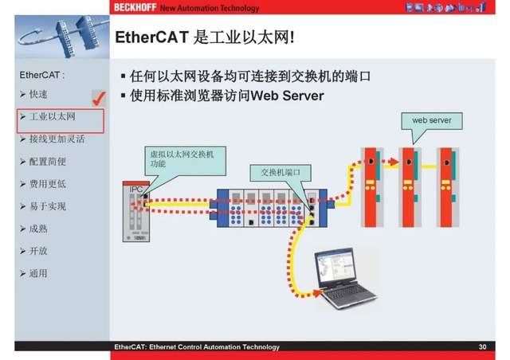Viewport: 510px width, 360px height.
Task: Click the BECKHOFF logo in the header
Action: pyautogui.click(x=135, y=8)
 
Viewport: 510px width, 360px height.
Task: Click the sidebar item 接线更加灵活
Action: pyautogui.click(x=57, y=139)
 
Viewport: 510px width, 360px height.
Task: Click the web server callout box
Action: pyautogui.click(x=431, y=120)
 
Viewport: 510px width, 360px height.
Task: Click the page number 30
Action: pyautogui.click(x=482, y=347)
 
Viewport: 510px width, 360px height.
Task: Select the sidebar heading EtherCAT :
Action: pyautogui.click(x=41, y=76)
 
